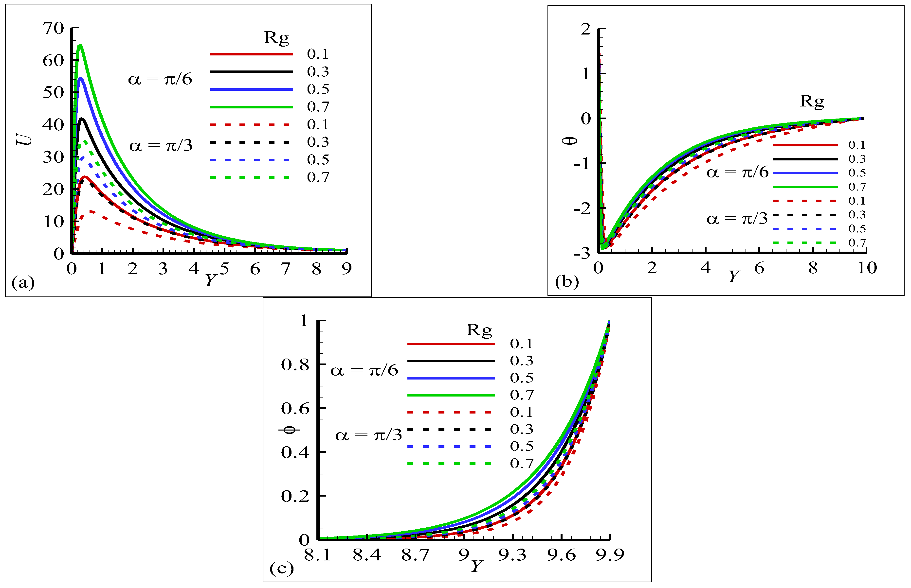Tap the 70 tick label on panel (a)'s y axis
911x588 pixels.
tap(53, 28)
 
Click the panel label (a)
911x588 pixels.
tap(23, 283)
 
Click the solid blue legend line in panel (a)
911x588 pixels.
tap(252, 89)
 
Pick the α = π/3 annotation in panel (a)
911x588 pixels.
tap(161, 145)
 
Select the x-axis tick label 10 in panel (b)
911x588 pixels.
tap(867, 268)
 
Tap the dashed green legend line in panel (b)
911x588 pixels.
tap(805, 243)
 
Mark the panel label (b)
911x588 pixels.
tap(567, 282)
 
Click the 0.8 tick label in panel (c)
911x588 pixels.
tap(295, 365)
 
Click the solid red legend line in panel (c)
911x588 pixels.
tap(451, 344)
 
